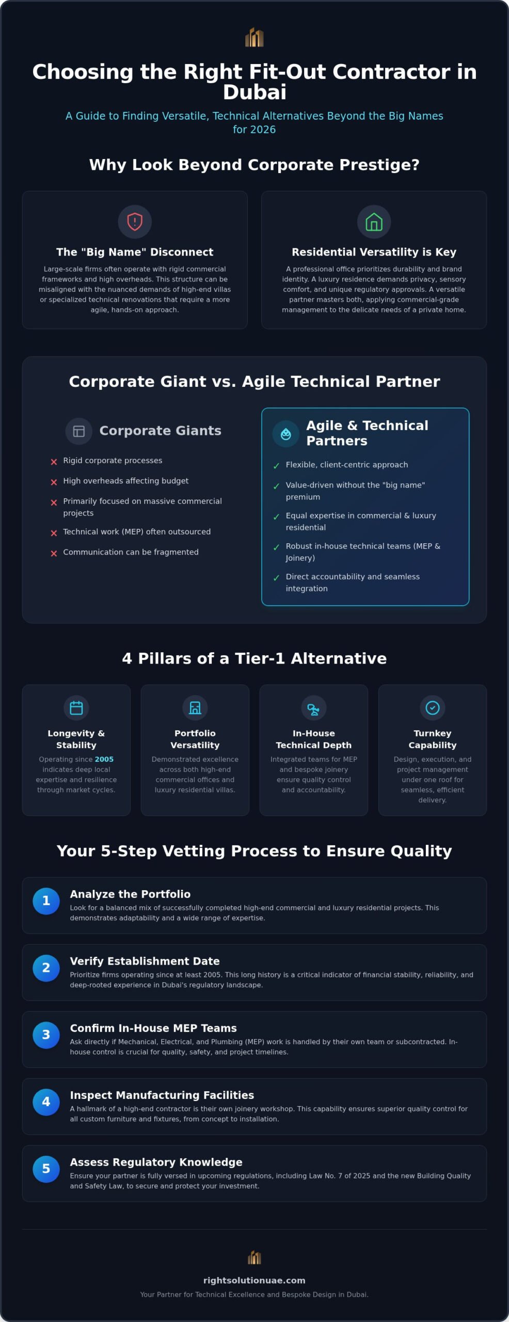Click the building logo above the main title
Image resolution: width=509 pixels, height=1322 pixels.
254,37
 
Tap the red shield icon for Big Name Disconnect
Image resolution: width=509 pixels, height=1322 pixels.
135,222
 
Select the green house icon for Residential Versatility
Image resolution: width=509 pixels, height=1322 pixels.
374,222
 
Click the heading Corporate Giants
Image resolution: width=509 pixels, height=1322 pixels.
160,431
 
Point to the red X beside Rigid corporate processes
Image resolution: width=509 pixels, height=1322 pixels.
54,462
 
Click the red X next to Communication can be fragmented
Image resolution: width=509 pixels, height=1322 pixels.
54,553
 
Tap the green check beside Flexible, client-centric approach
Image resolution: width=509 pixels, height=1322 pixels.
276,466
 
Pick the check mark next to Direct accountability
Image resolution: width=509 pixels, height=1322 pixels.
276,577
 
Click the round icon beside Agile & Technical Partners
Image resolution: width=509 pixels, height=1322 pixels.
285,434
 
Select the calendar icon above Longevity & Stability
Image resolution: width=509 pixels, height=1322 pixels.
76,707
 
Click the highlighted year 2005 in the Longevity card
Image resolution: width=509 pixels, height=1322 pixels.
104,759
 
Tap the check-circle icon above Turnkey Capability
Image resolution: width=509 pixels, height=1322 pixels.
433,707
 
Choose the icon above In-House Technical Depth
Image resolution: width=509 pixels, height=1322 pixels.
314,707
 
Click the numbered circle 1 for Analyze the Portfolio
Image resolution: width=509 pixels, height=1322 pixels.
46,901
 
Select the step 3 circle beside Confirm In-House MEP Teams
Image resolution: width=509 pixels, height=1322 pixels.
46,1035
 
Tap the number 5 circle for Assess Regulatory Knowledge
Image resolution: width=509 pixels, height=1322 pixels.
46,1169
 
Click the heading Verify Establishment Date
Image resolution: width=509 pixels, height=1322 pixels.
145,961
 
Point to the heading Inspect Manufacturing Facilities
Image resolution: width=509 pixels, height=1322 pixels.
162,1095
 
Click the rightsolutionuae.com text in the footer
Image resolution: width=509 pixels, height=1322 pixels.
254,1281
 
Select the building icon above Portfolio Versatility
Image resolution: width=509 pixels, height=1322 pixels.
195,707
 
